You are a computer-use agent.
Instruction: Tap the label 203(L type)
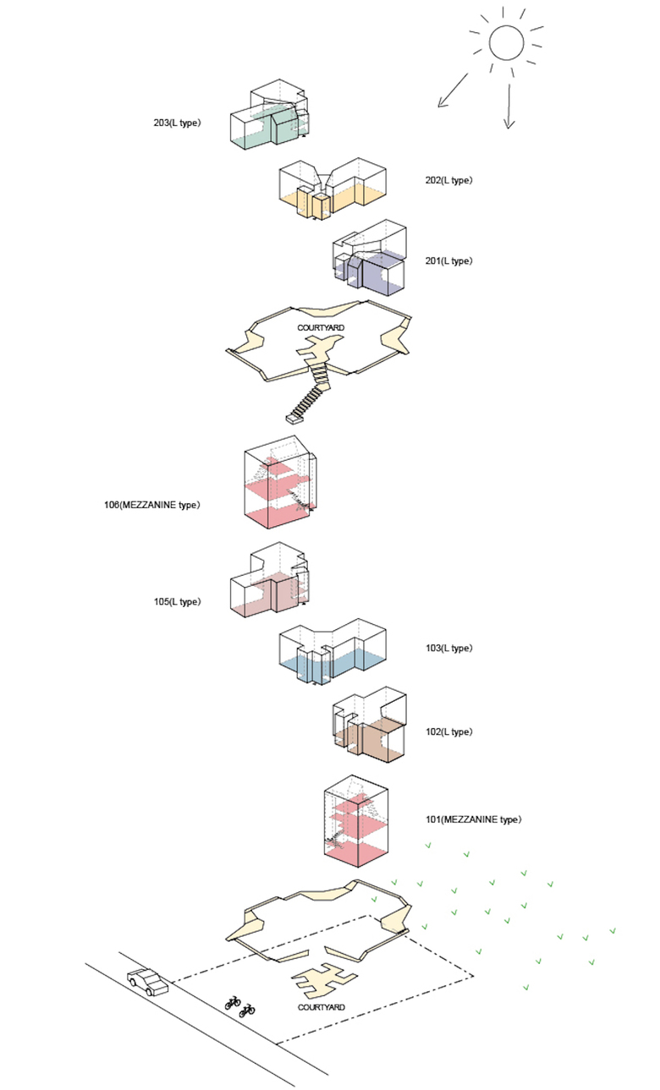[x=177, y=123]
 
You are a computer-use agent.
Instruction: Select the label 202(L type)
[x=448, y=180]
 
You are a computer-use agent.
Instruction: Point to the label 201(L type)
[x=448, y=260]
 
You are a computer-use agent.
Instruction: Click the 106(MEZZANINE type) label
[x=149, y=505]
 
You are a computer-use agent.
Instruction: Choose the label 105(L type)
[x=177, y=602]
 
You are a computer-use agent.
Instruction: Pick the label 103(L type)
[x=448, y=648]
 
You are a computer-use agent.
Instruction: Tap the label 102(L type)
[x=448, y=731]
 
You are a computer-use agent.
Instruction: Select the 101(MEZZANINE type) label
[x=474, y=819]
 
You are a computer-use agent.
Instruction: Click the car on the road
[x=147, y=981]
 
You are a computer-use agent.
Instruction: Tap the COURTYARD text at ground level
[x=322, y=1007]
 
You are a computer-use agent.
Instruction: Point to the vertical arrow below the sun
[x=509, y=107]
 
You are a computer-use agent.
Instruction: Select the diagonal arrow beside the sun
[x=454, y=91]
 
